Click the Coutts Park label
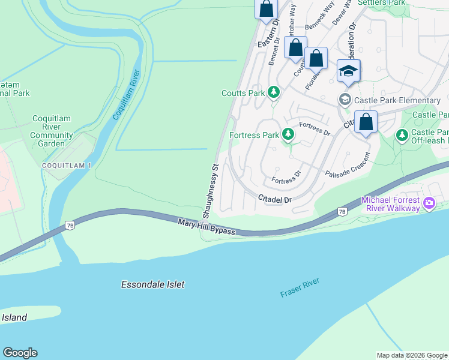(x=243, y=93)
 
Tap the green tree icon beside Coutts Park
(x=274, y=92)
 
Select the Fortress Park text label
(x=255, y=135)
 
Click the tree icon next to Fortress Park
(x=289, y=134)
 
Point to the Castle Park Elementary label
(x=397, y=100)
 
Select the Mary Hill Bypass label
(x=206, y=227)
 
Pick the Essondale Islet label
(x=152, y=285)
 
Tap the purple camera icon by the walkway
(x=429, y=204)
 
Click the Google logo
(x=20, y=353)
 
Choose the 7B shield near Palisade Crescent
(x=342, y=211)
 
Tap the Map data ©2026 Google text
(x=411, y=355)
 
